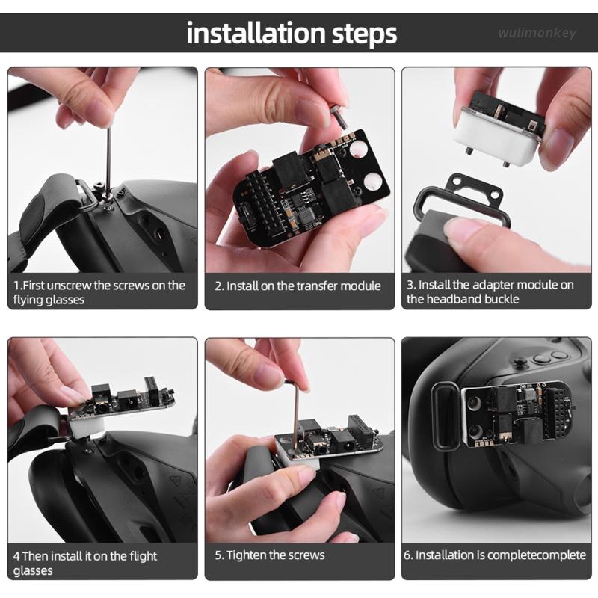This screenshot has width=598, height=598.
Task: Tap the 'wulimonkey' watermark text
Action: [x=537, y=34]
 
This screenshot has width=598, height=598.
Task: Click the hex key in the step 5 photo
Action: [x=297, y=404]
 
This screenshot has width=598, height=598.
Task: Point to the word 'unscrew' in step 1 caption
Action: [x=73, y=285]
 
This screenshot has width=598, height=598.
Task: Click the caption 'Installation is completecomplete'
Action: [x=495, y=555]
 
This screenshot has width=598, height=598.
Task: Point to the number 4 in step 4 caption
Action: [x=16, y=556]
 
